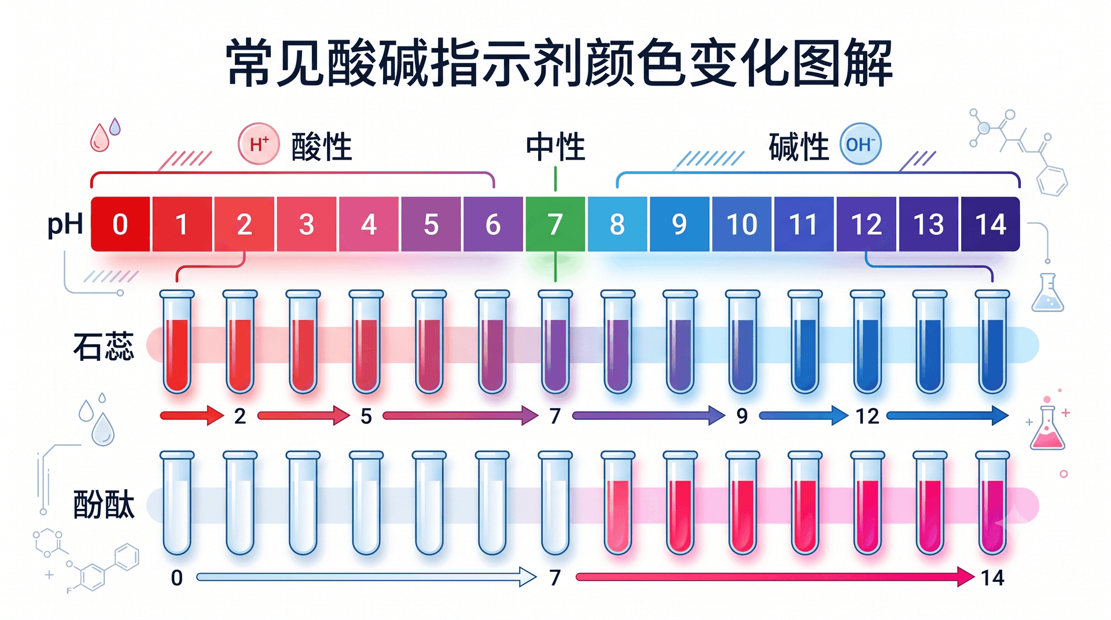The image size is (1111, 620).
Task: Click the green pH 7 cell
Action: (555, 224)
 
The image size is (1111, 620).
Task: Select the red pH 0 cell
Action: (120, 224)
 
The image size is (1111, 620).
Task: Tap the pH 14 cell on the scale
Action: (990, 224)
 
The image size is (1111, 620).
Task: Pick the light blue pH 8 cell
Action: (617, 224)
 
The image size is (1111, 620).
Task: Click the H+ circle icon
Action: (259, 144)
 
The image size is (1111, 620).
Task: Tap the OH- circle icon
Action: (860, 144)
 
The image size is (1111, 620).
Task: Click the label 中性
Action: (555, 147)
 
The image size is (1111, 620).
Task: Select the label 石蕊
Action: (104, 346)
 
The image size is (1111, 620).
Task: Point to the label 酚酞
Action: (104, 504)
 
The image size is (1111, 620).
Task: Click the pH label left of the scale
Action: (65, 225)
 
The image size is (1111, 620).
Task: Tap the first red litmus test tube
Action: (177, 342)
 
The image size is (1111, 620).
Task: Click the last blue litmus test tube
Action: (992, 342)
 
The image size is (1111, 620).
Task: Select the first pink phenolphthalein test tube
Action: (618, 503)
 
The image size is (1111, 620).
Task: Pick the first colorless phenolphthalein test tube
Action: (177, 503)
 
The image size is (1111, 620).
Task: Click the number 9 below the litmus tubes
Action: (742, 416)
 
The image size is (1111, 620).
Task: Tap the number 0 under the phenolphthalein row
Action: (177, 578)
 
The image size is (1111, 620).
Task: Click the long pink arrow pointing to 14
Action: (775, 577)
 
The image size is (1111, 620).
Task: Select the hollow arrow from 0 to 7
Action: (367, 577)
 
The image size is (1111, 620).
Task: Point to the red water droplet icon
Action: (99, 138)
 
